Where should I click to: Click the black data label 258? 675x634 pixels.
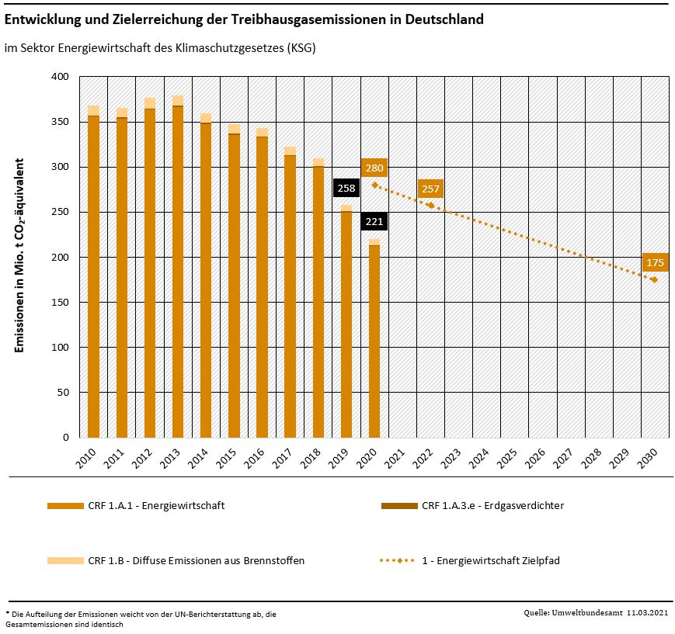[x=346, y=188]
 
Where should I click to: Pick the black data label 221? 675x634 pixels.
[x=374, y=222]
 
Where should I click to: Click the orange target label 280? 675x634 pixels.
[x=374, y=168]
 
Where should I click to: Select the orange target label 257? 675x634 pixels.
[x=430, y=189]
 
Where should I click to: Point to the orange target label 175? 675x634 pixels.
[x=655, y=262]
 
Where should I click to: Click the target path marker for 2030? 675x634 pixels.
[x=655, y=279]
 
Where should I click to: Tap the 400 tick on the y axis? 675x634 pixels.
[x=60, y=77]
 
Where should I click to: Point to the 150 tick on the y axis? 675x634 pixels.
[x=60, y=302]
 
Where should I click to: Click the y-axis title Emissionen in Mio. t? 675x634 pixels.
[x=20, y=256]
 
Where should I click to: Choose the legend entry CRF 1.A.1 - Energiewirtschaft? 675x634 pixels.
[x=156, y=506]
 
